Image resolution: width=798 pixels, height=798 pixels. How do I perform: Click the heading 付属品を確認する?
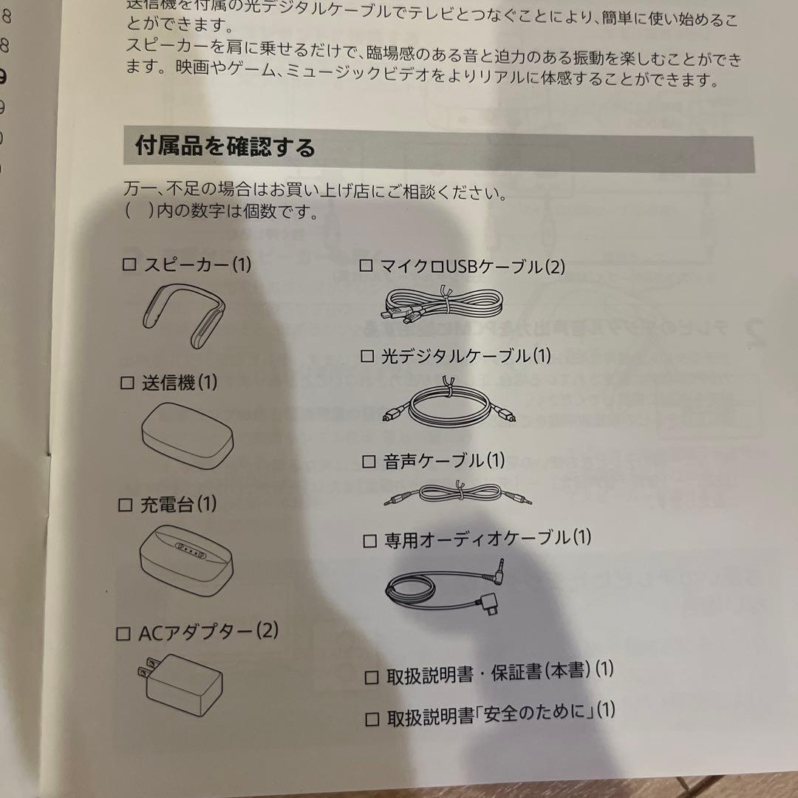(x=225, y=147)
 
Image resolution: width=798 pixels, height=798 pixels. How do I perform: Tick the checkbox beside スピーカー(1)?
(x=129, y=265)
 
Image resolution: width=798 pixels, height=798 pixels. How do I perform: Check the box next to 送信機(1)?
(x=127, y=383)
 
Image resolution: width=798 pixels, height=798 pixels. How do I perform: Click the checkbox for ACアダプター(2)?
(x=124, y=634)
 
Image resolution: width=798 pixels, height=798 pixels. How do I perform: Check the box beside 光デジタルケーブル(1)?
(x=367, y=356)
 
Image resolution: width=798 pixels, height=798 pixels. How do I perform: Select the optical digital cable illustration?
(x=446, y=406)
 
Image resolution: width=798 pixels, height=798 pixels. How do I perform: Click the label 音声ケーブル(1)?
(x=443, y=462)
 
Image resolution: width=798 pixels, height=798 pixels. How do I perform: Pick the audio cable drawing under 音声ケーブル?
(x=458, y=494)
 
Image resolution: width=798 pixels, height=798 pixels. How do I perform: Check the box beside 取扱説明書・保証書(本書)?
(x=372, y=677)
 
